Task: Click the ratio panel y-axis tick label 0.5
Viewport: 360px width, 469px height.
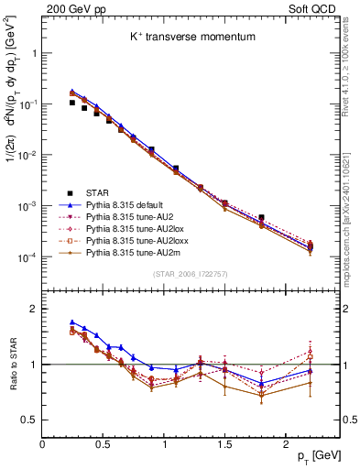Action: tap(28, 420)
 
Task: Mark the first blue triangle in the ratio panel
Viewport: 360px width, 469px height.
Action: tap(72, 322)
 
